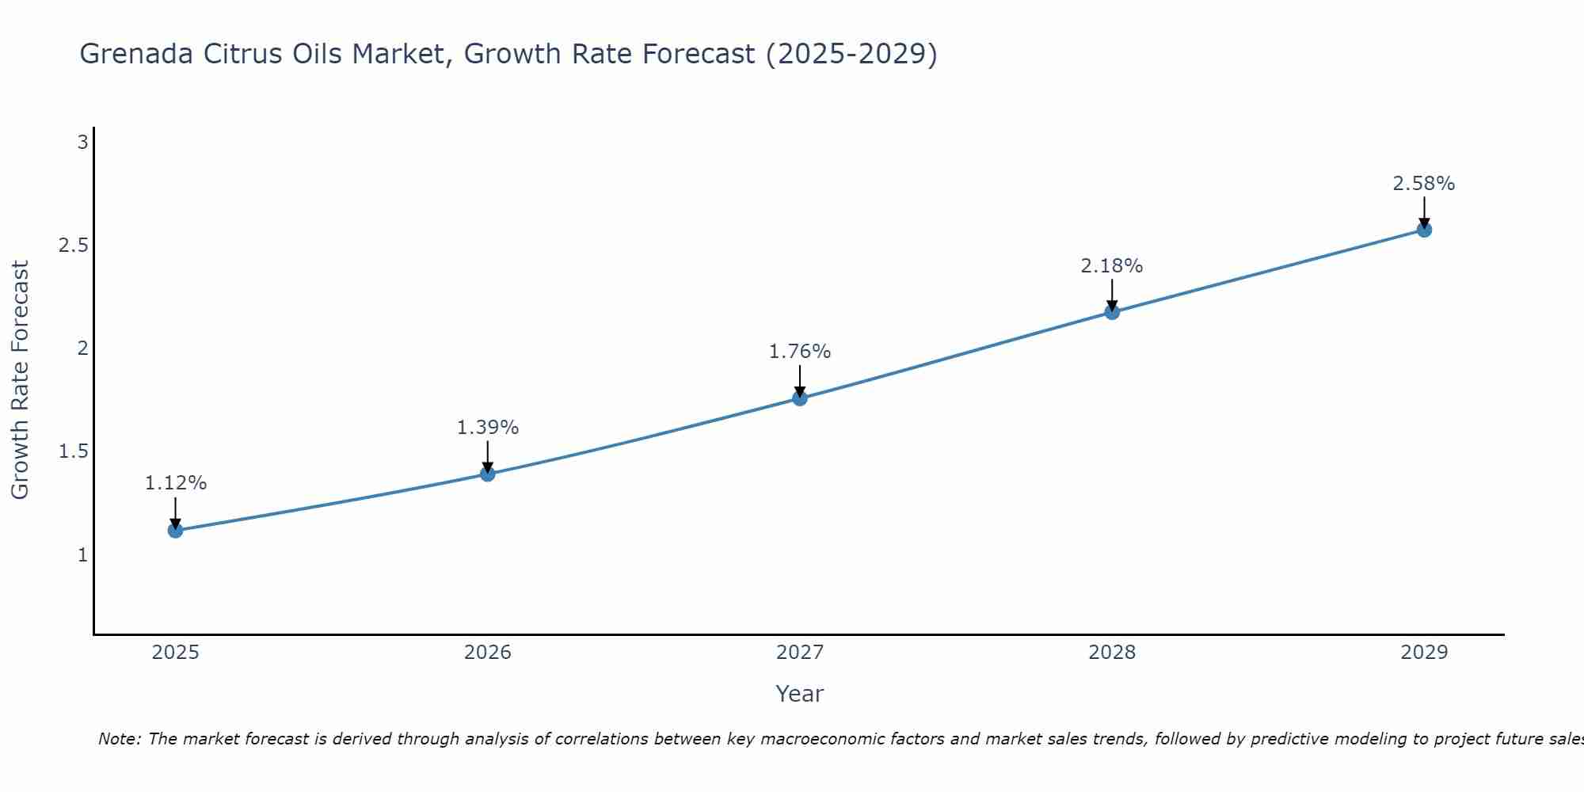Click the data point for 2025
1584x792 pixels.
point(176,530)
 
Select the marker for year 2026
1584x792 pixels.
point(488,474)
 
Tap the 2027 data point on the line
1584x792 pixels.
point(800,398)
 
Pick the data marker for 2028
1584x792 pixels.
point(1112,311)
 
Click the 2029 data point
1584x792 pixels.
point(1424,230)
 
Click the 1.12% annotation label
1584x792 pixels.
point(176,483)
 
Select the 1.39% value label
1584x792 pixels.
point(488,428)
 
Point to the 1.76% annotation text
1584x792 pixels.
point(800,352)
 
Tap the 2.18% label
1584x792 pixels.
point(1112,266)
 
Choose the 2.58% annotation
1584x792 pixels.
point(1424,184)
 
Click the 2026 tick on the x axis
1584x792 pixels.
point(488,653)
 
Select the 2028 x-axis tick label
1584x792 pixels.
point(1112,653)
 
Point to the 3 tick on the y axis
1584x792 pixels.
point(82,143)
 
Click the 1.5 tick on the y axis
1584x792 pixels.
point(73,451)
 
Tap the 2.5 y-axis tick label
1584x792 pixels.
point(73,246)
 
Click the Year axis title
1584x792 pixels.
point(800,694)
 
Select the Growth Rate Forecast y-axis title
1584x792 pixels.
point(20,380)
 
